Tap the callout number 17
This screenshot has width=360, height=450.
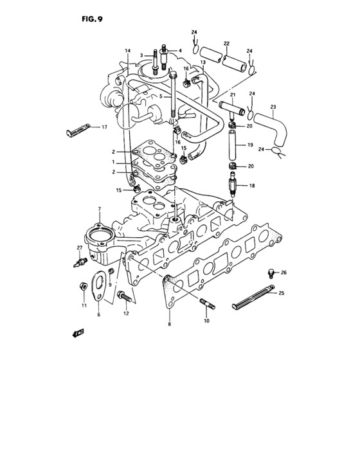coord(103,128)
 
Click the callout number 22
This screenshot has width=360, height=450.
coord(226,44)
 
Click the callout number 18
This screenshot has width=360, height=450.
coord(252,185)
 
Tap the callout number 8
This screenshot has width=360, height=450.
coord(170,325)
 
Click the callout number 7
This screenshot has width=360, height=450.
coord(100,210)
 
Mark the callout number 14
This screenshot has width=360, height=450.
coord(127,51)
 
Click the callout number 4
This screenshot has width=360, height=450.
coord(180,51)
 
